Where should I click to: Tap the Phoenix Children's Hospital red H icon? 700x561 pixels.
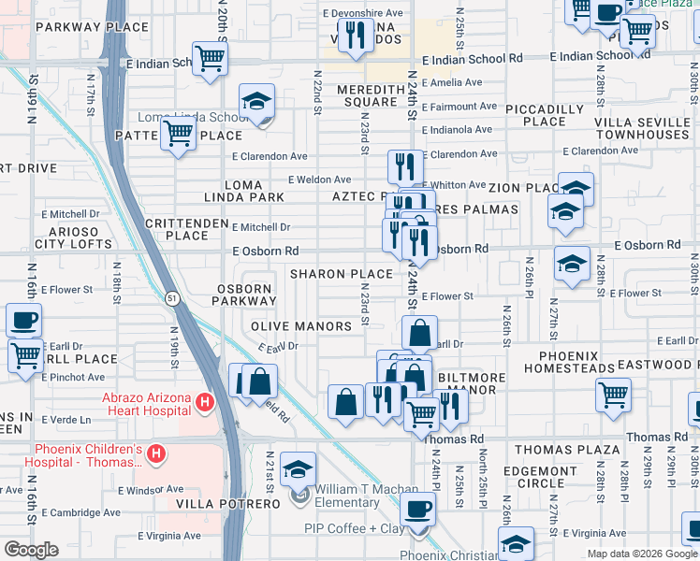(156, 454)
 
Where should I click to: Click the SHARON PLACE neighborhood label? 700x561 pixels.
(341, 274)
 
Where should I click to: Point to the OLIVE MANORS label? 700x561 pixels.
(301, 326)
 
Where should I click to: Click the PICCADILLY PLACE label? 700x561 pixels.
(548, 115)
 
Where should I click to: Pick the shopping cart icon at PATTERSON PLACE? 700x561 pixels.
(178, 135)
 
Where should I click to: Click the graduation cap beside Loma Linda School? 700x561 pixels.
(256, 104)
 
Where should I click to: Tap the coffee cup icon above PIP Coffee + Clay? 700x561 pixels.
(418, 511)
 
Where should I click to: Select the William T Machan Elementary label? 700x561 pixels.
(346, 496)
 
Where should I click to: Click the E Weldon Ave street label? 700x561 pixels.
(319, 180)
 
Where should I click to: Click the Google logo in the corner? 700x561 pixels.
(31, 550)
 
